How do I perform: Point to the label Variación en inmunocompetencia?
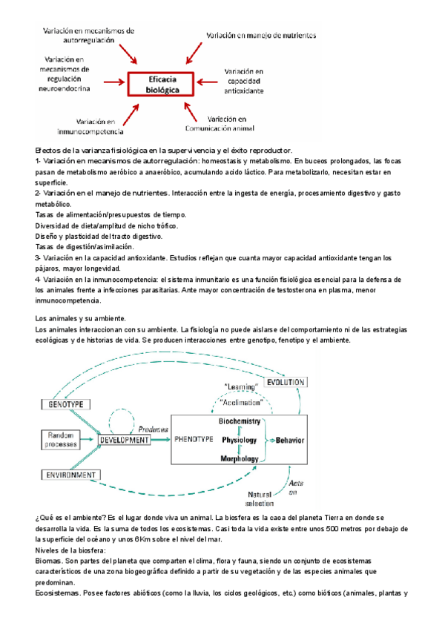[x=99, y=127]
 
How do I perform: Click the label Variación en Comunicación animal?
[x=237, y=122]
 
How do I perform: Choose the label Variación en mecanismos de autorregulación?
[x=88, y=36]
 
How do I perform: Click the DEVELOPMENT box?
[x=125, y=439]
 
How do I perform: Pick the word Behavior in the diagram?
[x=290, y=440]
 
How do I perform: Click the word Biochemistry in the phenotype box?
[x=239, y=421]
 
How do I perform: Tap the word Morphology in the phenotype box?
[x=238, y=459]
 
